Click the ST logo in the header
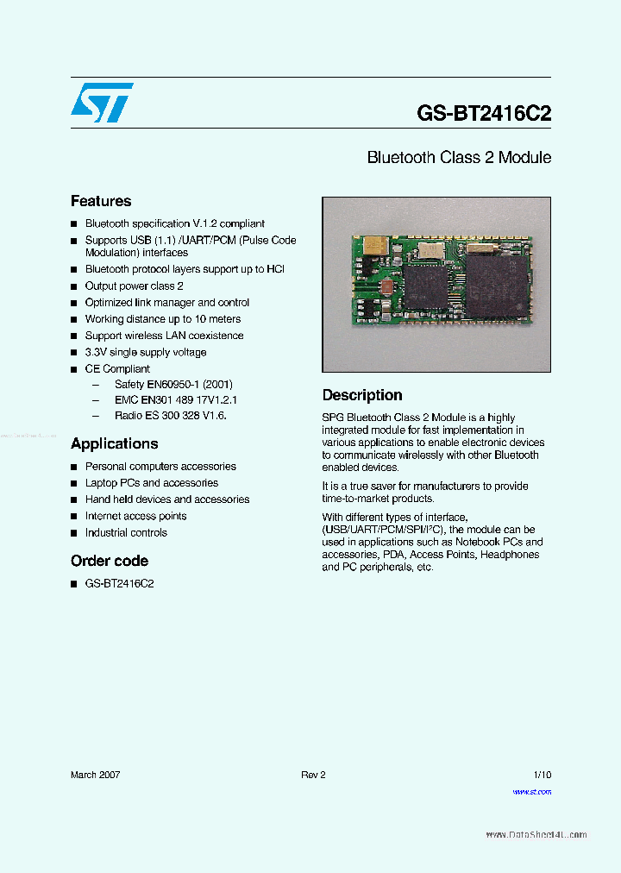pos(102,102)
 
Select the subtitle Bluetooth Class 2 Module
pos(459,158)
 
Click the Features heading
pos(101,201)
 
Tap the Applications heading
pos(114,443)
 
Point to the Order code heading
pos(110,561)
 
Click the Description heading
pos(362,395)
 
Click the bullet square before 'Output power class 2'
pos(74,286)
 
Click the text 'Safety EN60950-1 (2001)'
pos(173,384)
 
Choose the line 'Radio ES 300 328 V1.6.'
pos(170,415)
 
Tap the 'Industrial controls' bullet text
pos(126,532)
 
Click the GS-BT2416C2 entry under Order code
pos(119,583)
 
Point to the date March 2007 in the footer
pos(95,775)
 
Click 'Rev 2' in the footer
pos(313,775)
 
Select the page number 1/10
pos(542,775)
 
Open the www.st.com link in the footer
pos(531,792)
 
